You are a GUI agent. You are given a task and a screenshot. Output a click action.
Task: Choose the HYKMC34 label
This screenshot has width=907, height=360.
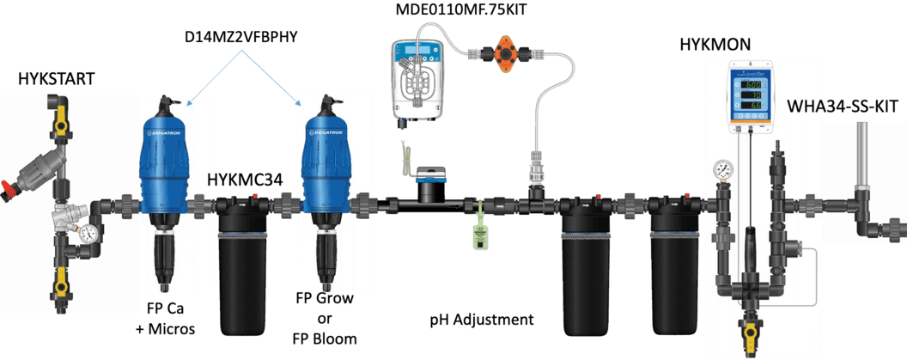[x=246, y=179]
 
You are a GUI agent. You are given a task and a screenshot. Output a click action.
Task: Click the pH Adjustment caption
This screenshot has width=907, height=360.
[x=481, y=320]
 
